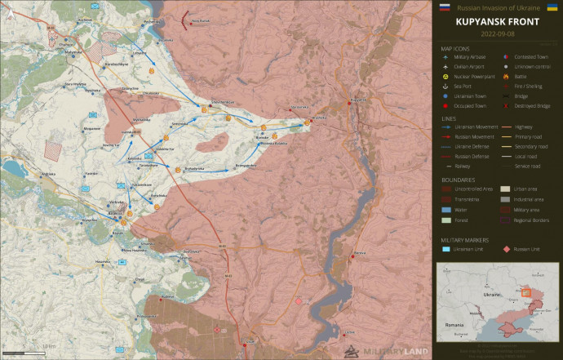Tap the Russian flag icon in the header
pos(445,7)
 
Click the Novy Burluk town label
pos(200,21)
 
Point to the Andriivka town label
pos(48,173)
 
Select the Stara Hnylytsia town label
pos(76,84)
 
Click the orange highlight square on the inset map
pos(527,292)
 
